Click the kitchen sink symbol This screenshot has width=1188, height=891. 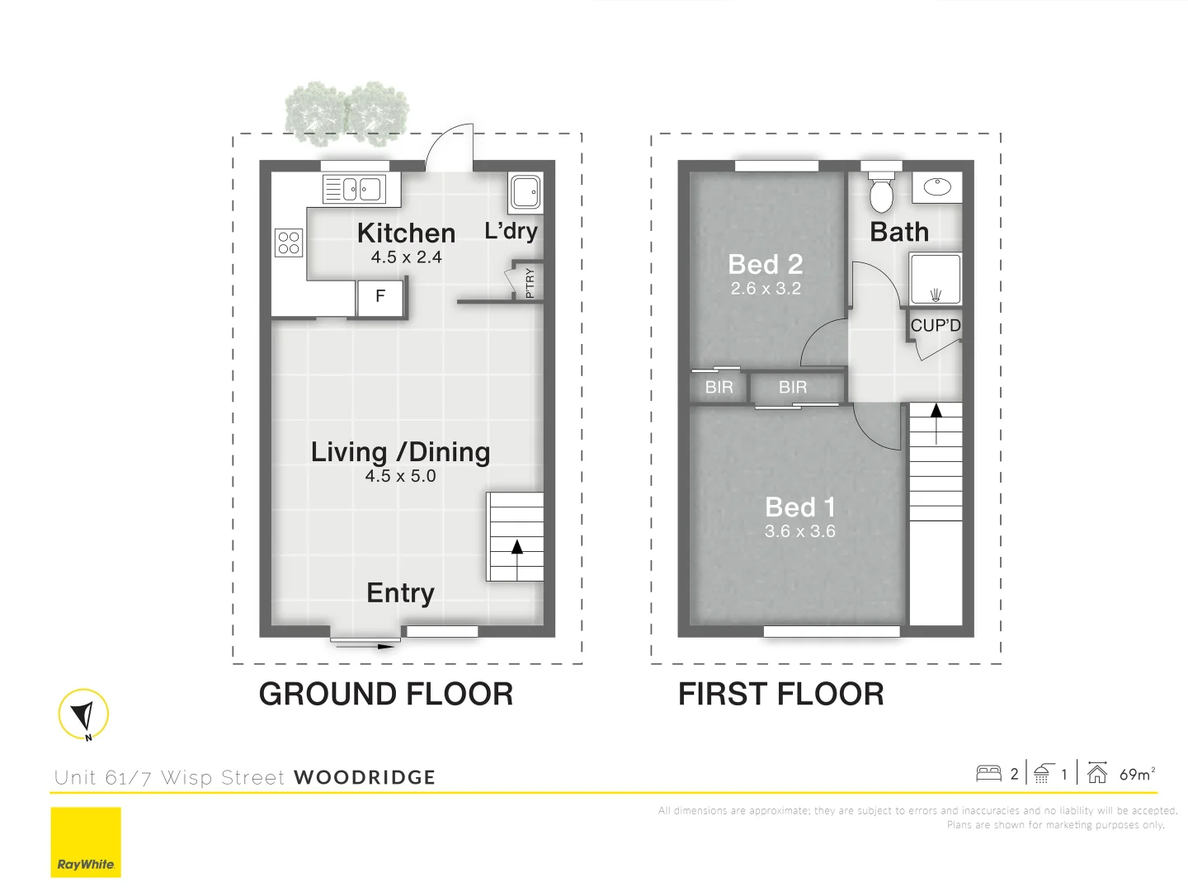[x=354, y=190]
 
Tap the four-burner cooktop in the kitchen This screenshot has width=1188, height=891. [x=289, y=243]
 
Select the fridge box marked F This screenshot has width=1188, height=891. [x=379, y=296]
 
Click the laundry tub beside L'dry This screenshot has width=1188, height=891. [x=525, y=191]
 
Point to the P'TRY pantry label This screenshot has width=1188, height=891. [x=530, y=283]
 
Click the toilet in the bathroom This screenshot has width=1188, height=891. [x=881, y=191]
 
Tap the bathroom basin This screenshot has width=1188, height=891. [x=937, y=187]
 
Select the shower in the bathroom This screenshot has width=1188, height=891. [x=936, y=280]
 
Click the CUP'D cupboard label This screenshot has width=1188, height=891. [x=936, y=326]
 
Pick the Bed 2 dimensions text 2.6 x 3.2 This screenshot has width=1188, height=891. [x=766, y=289]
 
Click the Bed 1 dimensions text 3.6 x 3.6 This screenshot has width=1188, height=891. [x=799, y=531]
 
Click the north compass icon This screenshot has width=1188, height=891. [x=83, y=714]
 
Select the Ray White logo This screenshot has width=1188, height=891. [x=86, y=842]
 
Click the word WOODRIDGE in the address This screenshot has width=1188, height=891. [x=365, y=777]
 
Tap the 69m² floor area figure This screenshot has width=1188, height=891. [x=1137, y=774]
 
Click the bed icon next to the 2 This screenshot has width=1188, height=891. [x=988, y=773]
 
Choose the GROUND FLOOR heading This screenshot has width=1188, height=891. [x=386, y=694]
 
